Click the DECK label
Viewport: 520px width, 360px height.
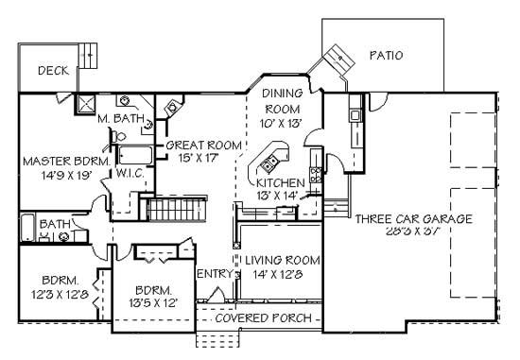tap(51, 71)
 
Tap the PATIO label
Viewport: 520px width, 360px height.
tap(385, 56)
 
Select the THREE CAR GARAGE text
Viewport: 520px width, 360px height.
tap(413, 218)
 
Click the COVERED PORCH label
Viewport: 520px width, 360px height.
tap(263, 317)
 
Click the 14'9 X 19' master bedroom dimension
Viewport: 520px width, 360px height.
tap(53, 174)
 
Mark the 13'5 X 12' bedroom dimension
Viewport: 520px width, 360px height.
tap(151, 304)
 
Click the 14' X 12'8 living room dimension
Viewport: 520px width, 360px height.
tap(277, 274)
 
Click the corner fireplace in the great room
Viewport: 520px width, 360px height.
tap(172, 106)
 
